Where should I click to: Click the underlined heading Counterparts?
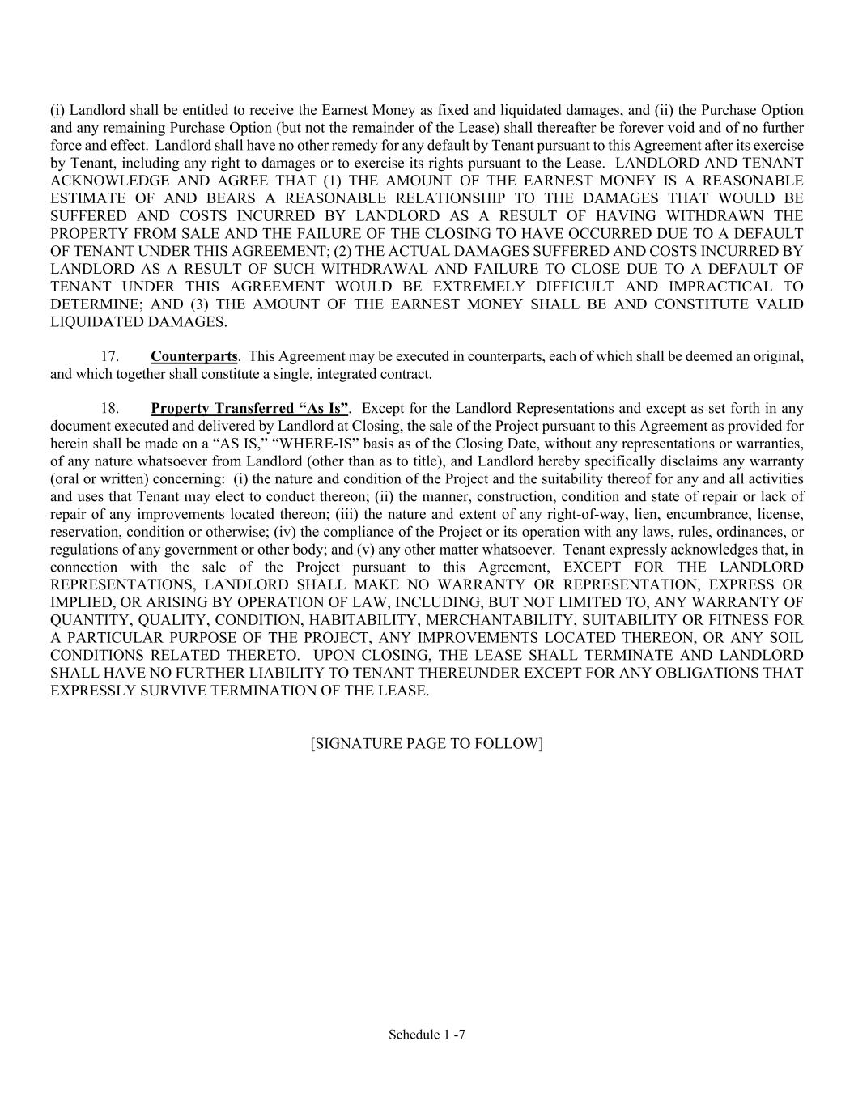193,356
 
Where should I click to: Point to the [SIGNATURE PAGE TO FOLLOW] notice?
427,743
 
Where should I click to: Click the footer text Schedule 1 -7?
427,1034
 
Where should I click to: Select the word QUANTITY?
87,620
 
